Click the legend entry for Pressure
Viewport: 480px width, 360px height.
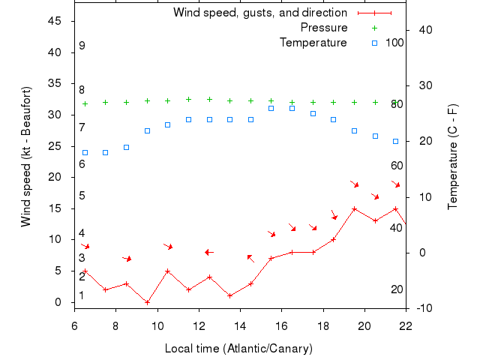point(324,28)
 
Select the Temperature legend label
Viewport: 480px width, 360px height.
point(313,43)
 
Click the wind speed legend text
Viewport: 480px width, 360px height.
point(260,13)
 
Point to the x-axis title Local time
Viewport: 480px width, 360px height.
point(238,349)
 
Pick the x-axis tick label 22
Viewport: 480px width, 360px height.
point(406,326)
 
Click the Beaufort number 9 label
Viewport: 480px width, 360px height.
point(82,46)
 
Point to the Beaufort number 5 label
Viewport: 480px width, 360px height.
point(82,196)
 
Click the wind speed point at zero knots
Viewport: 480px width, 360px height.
point(147,302)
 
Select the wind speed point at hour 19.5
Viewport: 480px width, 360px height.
point(354,208)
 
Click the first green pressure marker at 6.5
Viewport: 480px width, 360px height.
point(85,103)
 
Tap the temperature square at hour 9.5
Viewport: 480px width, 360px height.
point(147,130)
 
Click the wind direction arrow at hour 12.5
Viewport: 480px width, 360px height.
point(209,252)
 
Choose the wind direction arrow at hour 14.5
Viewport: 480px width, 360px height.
point(250,258)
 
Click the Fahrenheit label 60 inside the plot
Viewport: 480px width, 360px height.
point(397,166)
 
